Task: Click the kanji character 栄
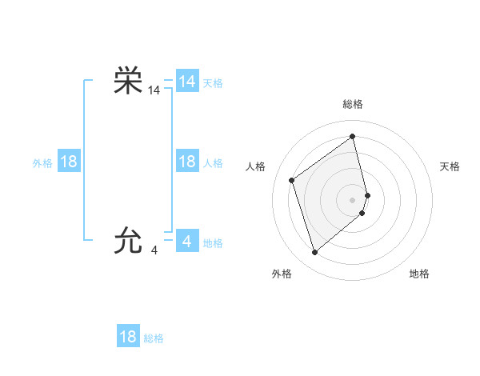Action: pyautogui.click(x=128, y=82)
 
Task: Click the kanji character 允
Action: pyautogui.click(x=128, y=240)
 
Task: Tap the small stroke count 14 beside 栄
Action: pyautogui.click(x=154, y=92)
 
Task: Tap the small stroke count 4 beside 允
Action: pyautogui.click(x=154, y=250)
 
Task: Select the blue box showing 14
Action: pyautogui.click(x=187, y=82)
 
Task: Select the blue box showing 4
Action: pyautogui.click(x=187, y=240)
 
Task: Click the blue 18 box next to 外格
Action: pyautogui.click(x=69, y=162)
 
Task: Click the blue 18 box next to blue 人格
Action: pyautogui.click(x=187, y=162)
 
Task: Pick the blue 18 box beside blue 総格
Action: pyautogui.click(x=128, y=336)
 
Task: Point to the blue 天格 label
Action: pyautogui.click(x=213, y=83)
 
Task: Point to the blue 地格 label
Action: pyautogui.click(x=213, y=243)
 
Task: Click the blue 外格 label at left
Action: pyautogui.click(x=42, y=163)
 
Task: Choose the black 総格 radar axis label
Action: pyautogui.click(x=353, y=104)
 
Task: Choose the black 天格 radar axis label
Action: pyautogui.click(x=450, y=166)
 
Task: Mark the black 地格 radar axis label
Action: pyautogui.click(x=419, y=274)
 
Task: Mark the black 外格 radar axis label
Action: pyautogui.click(x=282, y=274)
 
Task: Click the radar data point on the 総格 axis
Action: pyautogui.click(x=353, y=136)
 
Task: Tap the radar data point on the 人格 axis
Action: pyautogui.click(x=292, y=180)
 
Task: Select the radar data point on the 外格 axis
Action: pyautogui.click(x=314, y=253)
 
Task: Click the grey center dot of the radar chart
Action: pyautogui.click(x=353, y=199)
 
